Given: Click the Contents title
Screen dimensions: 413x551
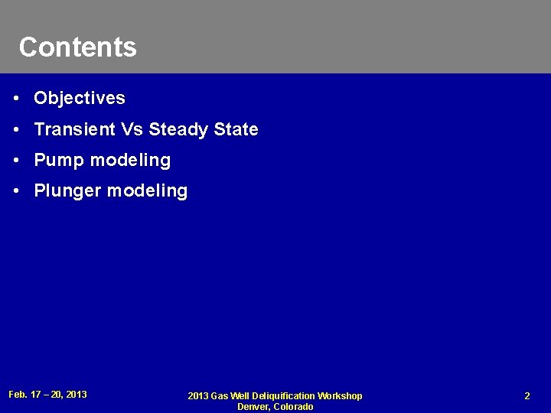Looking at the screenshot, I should (77, 47).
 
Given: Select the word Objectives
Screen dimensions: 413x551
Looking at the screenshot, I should (80, 99).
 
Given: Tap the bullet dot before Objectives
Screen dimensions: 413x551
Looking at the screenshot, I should (17, 99).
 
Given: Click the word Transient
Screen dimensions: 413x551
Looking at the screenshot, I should (71, 130).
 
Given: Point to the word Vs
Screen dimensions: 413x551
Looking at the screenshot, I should (127, 130).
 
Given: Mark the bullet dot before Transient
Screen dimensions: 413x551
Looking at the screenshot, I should (17, 130).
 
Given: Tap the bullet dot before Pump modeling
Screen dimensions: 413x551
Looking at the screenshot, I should (17, 161).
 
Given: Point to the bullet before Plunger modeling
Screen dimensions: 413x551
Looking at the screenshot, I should (17, 191).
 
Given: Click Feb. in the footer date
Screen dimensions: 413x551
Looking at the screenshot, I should (18, 395).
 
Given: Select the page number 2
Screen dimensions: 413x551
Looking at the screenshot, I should (527, 396).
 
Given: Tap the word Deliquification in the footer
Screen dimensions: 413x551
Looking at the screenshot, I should (284, 396).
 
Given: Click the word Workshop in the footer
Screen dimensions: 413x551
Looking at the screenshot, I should (341, 396).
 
